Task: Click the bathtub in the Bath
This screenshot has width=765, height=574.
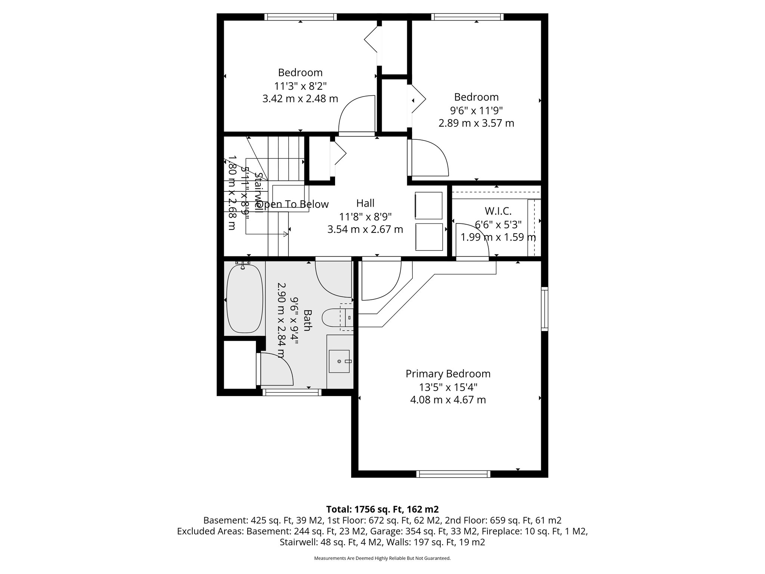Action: click(245, 299)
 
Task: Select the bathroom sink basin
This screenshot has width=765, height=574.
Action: click(339, 361)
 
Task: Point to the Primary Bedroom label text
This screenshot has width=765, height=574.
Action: click(448, 374)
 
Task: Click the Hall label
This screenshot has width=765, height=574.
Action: click(365, 203)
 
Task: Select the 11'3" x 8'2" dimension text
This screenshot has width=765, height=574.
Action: click(300, 86)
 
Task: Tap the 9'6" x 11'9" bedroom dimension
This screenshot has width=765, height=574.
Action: click(476, 111)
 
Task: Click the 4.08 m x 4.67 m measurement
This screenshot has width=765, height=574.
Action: click(448, 400)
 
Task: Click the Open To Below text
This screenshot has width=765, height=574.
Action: click(292, 204)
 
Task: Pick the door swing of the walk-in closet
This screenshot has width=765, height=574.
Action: click(470, 239)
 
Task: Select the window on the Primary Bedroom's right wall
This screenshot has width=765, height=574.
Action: click(545, 309)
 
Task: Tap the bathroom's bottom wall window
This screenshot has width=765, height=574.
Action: click(292, 392)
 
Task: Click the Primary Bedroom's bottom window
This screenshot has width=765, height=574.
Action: click(453, 474)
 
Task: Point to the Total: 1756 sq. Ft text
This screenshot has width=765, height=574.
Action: click(382, 509)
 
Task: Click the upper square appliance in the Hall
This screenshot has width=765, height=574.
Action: click(428, 205)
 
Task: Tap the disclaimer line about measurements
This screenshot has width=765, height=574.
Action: click(382, 558)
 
